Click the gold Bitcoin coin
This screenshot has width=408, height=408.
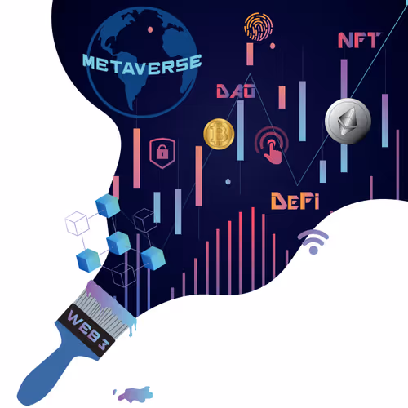(219, 134)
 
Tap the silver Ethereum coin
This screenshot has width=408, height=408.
(348, 121)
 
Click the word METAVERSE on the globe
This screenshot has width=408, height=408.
(142, 64)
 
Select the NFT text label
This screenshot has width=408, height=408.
(359, 40)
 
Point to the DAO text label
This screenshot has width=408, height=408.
(236, 91)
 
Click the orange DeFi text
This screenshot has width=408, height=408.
(295, 201)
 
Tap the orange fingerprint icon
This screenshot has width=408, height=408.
(259, 27)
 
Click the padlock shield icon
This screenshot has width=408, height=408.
(162, 153)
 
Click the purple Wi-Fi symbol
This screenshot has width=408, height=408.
(313, 242)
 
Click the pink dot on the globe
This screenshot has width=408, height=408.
(150, 29)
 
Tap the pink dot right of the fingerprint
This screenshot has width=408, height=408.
(273, 46)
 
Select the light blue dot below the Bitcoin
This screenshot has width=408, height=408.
(228, 181)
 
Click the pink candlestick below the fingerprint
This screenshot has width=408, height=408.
(250, 54)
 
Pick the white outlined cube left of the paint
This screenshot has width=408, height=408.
(78, 224)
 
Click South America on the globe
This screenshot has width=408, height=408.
(132, 87)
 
